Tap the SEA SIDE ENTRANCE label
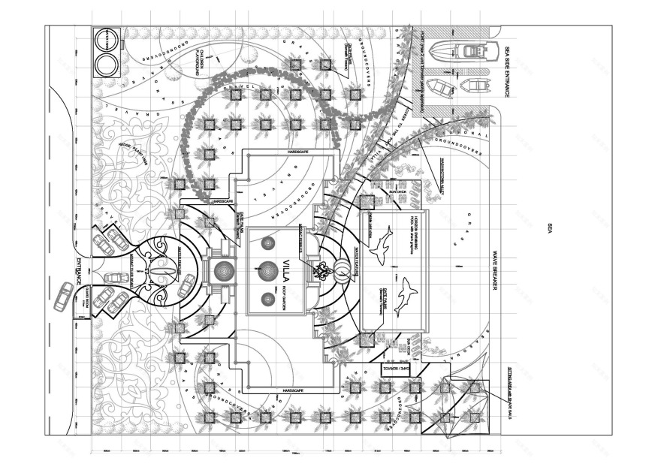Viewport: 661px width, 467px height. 507,71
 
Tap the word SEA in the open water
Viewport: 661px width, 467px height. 550,227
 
